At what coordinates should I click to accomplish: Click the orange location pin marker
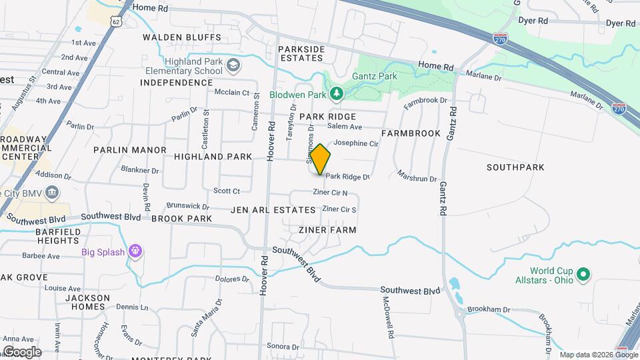pos(320,159)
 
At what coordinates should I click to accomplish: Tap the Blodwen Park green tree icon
pos(337,93)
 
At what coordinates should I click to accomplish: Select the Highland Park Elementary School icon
pos(233,65)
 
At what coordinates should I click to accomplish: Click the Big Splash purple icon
pos(135,251)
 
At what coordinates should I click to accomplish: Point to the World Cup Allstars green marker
pos(583,274)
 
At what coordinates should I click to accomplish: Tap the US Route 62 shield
pos(117,21)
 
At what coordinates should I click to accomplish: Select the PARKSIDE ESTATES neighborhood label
pos(301,54)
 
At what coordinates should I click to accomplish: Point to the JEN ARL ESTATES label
pos(273,210)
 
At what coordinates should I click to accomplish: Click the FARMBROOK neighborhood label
pos(411,133)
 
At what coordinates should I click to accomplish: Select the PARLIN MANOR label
pos(129,150)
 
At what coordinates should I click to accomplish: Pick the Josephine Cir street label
pos(356,143)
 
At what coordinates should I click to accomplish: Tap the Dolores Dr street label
pos(232,279)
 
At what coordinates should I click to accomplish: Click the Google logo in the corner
pos(22,351)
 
